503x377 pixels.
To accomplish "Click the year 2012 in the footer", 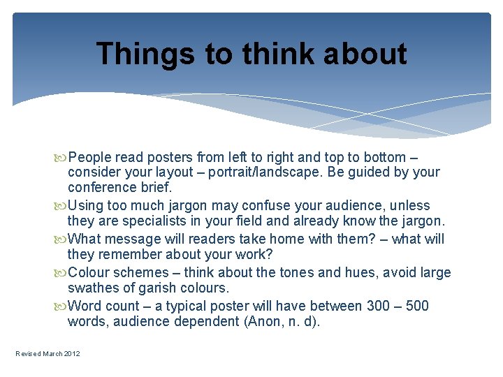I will click(72, 354).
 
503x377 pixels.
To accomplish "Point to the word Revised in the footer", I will click(29, 354).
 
